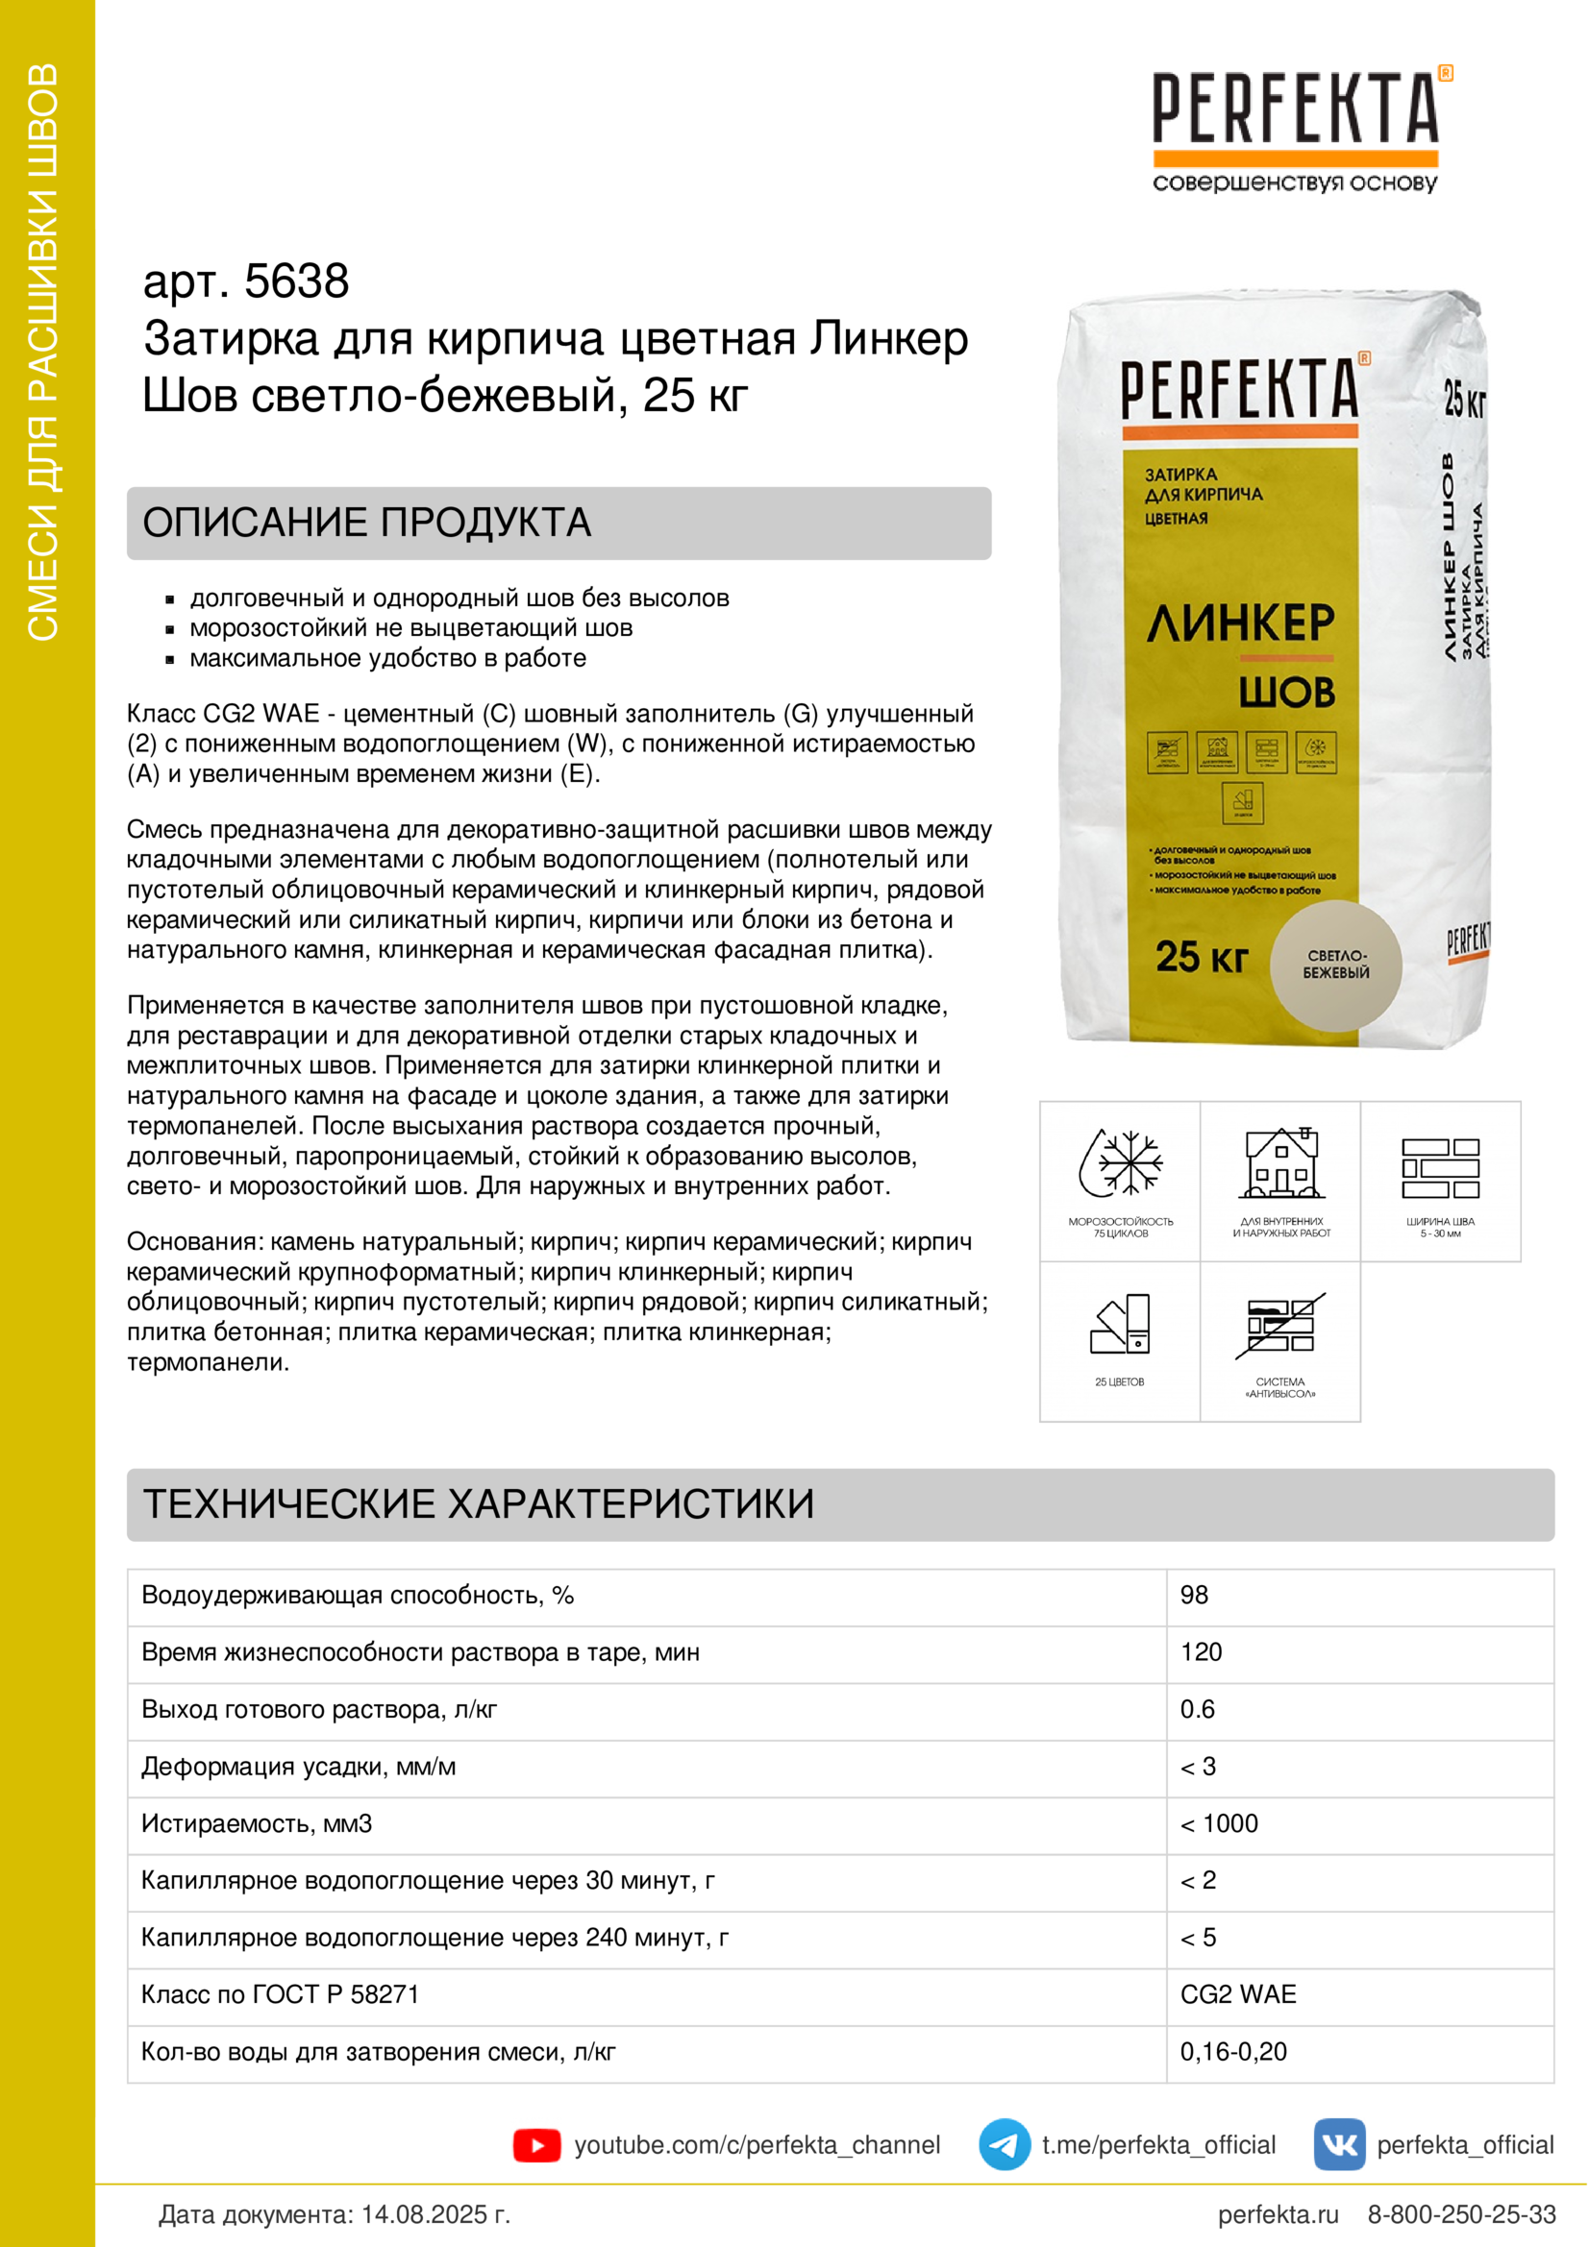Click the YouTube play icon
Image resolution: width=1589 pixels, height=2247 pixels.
point(535,2145)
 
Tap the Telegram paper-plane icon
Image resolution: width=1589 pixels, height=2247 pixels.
point(1004,2144)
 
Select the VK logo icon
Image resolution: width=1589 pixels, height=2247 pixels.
point(1338,2144)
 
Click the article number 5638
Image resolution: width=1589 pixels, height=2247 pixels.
point(296,281)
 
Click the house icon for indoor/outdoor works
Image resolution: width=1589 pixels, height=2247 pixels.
point(1280,1163)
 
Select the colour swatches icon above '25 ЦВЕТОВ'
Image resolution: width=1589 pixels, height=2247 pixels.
point(1120,1324)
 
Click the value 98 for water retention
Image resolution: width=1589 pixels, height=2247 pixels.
point(1194,1596)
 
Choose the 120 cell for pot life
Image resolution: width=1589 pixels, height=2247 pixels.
point(1201,1652)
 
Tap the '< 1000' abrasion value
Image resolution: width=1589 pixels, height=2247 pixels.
point(1219,1823)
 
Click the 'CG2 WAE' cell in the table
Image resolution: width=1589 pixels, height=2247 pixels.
point(1237,1994)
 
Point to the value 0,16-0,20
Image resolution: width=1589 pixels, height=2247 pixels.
point(1232,2051)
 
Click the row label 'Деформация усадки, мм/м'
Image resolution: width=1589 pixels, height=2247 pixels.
point(299,1767)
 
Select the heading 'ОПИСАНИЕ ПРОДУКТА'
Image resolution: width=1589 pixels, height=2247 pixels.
point(367,523)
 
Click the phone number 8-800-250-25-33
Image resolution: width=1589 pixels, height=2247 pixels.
point(1461,2214)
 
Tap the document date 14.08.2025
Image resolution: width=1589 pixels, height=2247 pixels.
point(435,2214)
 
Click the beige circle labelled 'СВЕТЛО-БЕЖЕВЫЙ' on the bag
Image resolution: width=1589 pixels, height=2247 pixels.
point(1335,965)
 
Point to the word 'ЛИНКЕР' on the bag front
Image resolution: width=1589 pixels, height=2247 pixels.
point(1240,623)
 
